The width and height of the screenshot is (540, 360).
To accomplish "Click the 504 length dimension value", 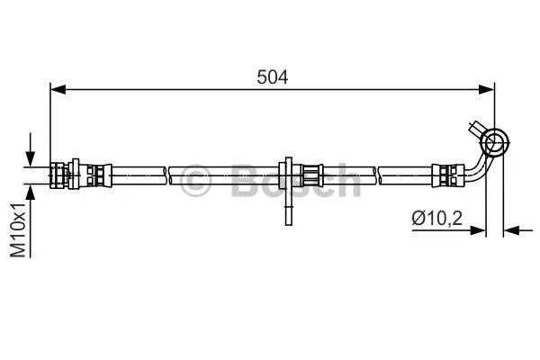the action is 272,77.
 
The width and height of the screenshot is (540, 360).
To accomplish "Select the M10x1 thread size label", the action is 18,229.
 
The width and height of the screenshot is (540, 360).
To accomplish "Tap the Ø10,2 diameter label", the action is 437,218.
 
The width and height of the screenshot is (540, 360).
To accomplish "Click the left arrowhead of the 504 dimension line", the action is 58,90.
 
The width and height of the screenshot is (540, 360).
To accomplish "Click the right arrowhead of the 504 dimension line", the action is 487,90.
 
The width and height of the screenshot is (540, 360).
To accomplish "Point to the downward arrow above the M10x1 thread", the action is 31,150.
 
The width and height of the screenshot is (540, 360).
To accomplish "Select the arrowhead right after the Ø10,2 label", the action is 478,230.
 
